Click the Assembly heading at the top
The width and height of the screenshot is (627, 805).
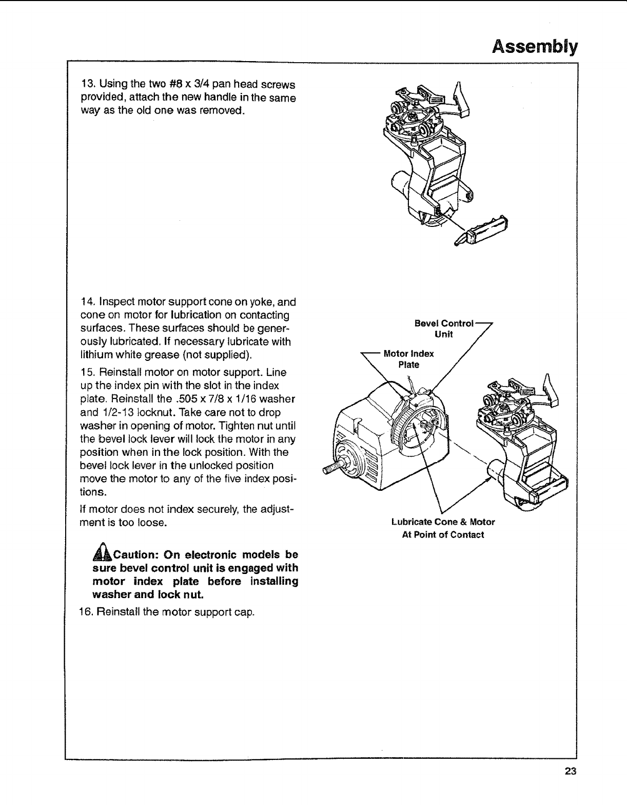(535, 47)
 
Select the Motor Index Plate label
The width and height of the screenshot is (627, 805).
(409, 359)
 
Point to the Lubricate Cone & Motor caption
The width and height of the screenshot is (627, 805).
(443, 528)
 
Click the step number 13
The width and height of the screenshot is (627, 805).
(87, 84)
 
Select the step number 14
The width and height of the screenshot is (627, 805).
(87, 302)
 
